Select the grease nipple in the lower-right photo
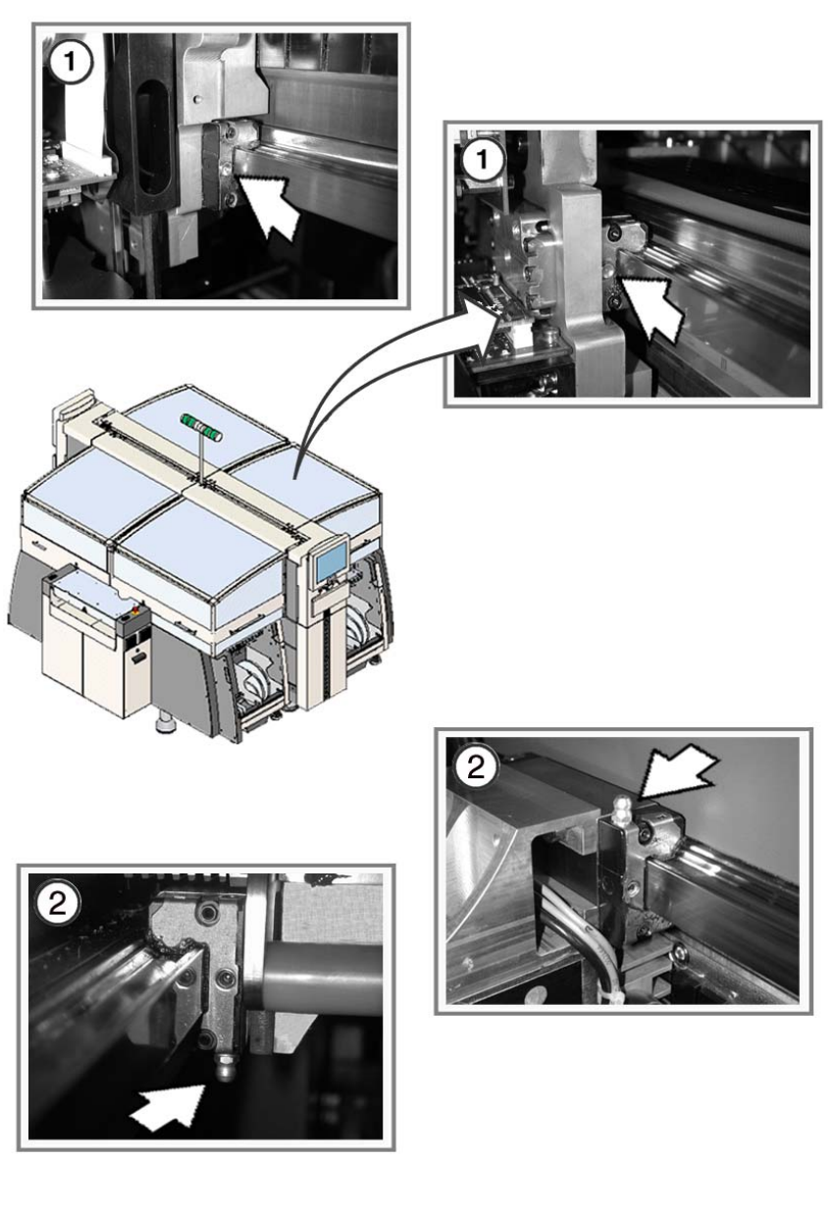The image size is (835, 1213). pyautogui.click(x=619, y=809)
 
